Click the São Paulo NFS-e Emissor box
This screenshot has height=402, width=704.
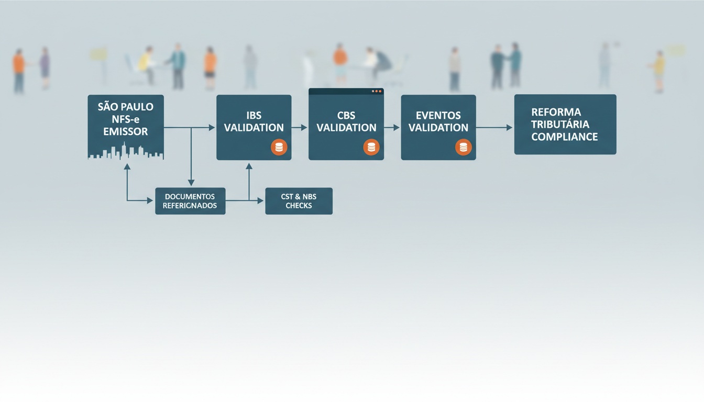click(x=126, y=127)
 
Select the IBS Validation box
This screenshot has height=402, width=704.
click(x=254, y=128)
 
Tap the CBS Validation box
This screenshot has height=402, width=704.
click(x=346, y=125)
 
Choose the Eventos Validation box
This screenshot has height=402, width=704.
click(x=438, y=128)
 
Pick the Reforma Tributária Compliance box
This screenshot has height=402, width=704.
click(x=565, y=125)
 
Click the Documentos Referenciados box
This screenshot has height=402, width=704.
click(x=190, y=201)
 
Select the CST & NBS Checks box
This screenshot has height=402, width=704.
click(x=299, y=201)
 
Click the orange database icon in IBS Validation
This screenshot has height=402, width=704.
click(x=279, y=147)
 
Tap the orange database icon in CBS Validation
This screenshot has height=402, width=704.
click(x=371, y=147)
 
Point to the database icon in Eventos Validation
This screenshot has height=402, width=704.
click(x=464, y=147)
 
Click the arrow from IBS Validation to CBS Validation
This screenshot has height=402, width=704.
click(x=300, y=128)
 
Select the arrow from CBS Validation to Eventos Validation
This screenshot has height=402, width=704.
click(x=392, y=128)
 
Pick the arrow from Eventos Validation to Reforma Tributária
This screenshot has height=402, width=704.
click(x=494, y=128)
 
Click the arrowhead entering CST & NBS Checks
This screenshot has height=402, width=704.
click(x=260, y=200)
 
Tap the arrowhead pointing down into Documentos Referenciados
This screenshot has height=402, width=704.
click(x=191, y=183)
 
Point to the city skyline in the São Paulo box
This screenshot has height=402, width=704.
click(x=126, y=151)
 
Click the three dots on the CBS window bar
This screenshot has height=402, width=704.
click(x=377, y=92)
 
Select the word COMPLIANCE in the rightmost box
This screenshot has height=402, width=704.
click(x=565, y=137)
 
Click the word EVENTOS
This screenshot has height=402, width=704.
click(x=438, y=115)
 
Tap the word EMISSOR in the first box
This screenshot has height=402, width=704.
click(x=126, y=131)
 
